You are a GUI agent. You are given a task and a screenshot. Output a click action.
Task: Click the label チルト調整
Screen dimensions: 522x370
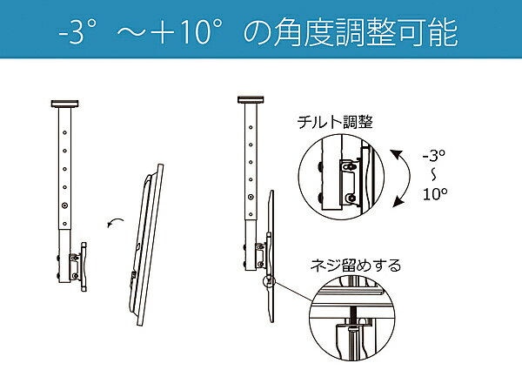pyautogui.click(x=335, y=122)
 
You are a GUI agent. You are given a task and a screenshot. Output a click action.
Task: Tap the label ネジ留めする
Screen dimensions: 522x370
pyautogui.click(x=356, y=266)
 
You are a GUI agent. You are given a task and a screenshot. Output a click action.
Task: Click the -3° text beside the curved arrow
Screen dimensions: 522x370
pyautogui.click(x=434, y=156)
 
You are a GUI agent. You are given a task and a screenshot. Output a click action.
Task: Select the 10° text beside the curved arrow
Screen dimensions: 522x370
pyautogui.click(x=435, y=193)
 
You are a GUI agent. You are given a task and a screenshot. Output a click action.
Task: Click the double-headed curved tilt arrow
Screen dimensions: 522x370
pyautogui.click(x=409, y=178)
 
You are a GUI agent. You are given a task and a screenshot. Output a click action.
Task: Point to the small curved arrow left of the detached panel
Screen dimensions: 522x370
pyautogui.click(x=114, y=221)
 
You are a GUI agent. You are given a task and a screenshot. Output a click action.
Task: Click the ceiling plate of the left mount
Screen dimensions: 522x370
pyautogui.click(x=65, y=104)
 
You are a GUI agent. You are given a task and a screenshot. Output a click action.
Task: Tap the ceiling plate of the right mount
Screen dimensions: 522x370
pyautogui.click(x=251, y=99)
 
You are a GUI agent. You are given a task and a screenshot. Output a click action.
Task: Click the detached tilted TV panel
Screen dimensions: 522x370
pyautogui.click(x=146, y=245)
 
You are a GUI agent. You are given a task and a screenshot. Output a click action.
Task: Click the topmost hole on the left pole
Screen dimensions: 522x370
pyautogui.click(x=64, y=132)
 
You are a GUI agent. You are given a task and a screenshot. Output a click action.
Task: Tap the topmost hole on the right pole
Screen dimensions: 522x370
pyautogui.click(x=251, y=127)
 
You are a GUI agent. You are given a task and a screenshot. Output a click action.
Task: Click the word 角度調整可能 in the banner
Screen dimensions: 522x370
pyautogui.click(x=365, y=32)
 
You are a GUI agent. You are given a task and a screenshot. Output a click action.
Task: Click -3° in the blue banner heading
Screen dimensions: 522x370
pyautogui.click(x=77, y=32)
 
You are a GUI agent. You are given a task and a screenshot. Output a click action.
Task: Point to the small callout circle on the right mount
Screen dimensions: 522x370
pyautogui.click(x=269, y=281)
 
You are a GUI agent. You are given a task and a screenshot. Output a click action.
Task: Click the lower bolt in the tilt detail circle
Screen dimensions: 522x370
pyautogui.click(x=351, y=198)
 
